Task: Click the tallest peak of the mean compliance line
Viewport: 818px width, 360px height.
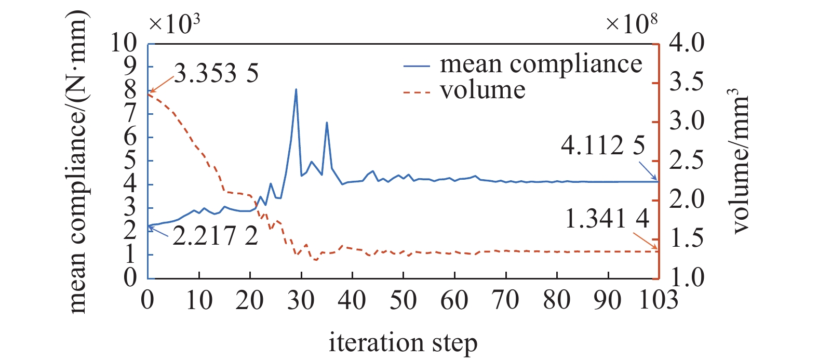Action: pyautogui.click(x=296, y=89)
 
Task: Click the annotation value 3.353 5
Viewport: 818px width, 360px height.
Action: pyautogui.click(x=216, y=73)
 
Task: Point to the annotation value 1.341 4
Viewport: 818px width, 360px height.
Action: pyautogui.click(x=607, y=219)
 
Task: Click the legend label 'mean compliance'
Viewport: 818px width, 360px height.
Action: pyautogui.click(x=541, y=64)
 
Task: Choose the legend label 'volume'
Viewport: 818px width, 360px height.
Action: pyautogui.click(x=482, y=90)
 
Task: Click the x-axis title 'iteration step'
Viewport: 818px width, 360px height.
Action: pyautogui.click(x=403, y=343)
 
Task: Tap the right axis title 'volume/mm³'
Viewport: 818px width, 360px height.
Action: pyautogui.click(x=740, y=161)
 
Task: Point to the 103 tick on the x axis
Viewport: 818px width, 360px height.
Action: pyautogui.click(x=659, y=300)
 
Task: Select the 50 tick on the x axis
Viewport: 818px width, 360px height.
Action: pyautogui.click(x=403, y=300)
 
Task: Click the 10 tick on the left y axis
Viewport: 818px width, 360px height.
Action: pyautogui.click(x=124, y=43)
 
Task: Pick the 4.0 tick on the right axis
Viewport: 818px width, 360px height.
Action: pyautogui.click(x=687, y=43)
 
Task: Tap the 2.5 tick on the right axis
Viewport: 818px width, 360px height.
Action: pyautogui.click(x=687, y=161)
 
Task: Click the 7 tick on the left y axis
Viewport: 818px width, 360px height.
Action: pyautogui.click(x=130, y=114)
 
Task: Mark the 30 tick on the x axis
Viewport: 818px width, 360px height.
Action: pyautogui.click(x=301, y=300)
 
